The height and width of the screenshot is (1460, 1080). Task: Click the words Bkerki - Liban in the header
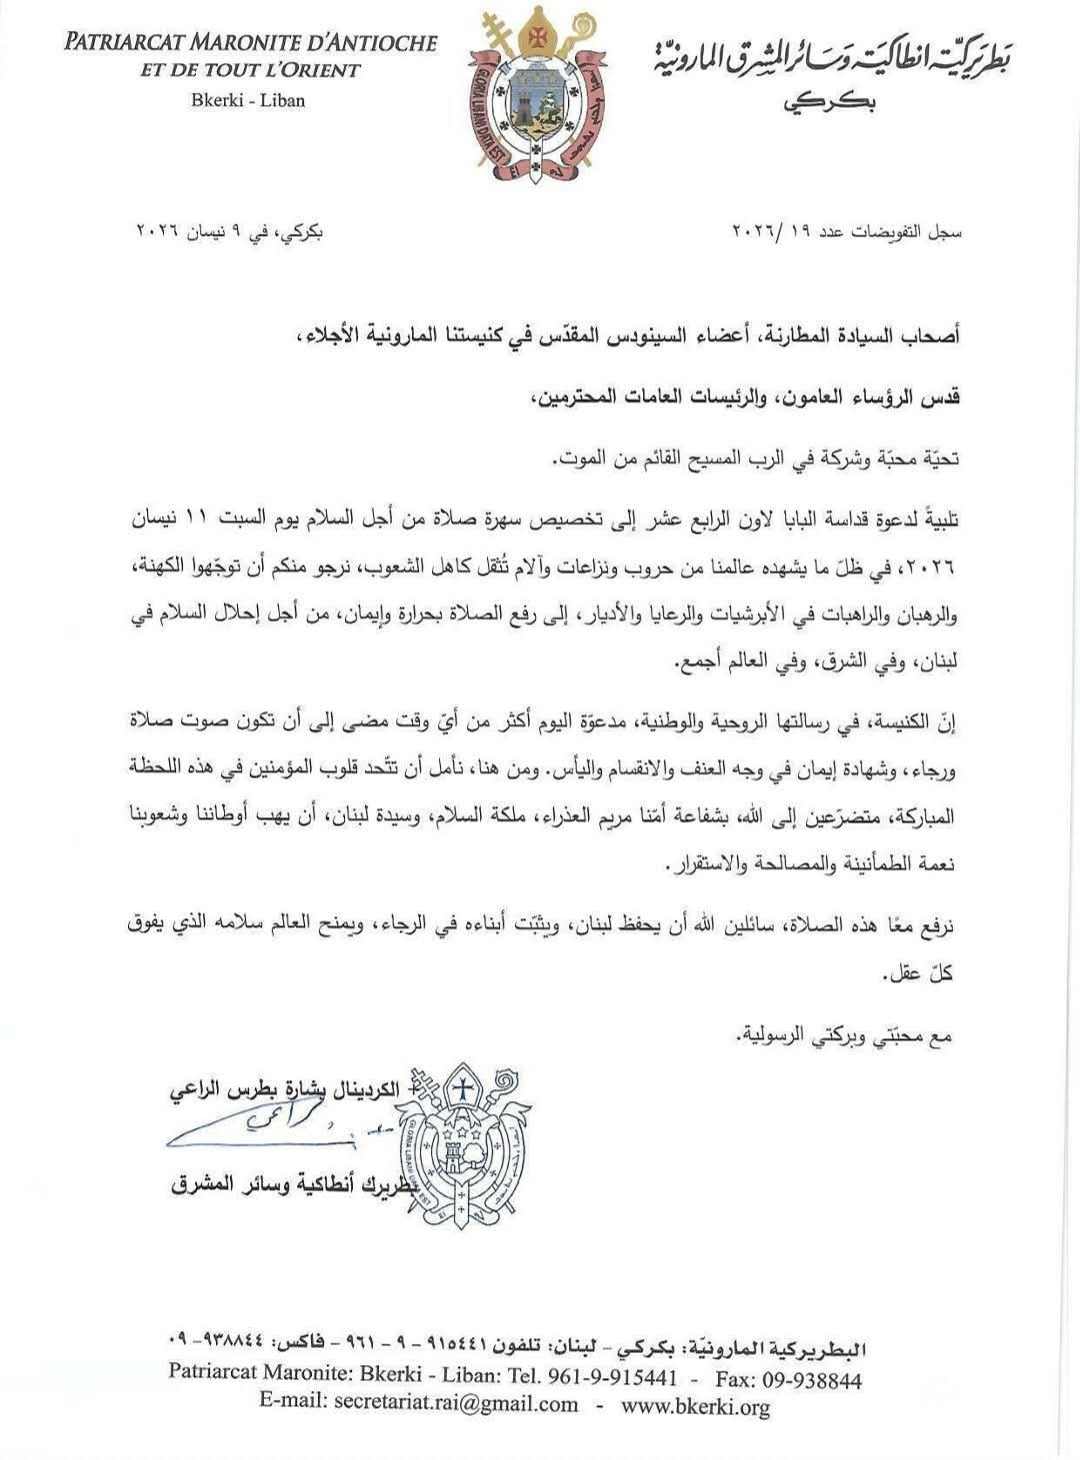coord(248,100)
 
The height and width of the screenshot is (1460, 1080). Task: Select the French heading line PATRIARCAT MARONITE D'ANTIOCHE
coord(251,43)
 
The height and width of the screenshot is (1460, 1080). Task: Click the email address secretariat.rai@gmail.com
coord(419,1404)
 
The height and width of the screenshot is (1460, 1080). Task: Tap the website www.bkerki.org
coord(695,1406)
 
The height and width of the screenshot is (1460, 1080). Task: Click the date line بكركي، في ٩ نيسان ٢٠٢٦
coord(230,231)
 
